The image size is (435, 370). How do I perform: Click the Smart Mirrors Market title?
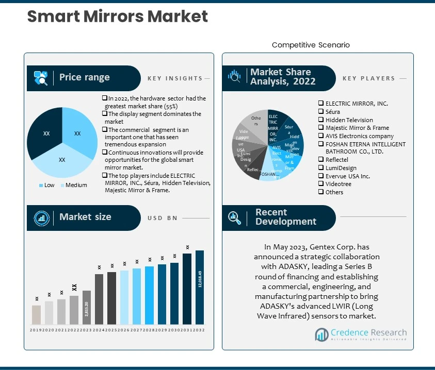click(117, 16)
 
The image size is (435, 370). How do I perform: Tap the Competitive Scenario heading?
click(311, 45)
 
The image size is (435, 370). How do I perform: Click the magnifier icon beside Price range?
click(41, 78)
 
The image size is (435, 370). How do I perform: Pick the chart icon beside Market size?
click(41, 217)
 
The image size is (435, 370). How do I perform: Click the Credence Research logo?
click(361, 334)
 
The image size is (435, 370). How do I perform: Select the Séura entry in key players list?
click(332, 111)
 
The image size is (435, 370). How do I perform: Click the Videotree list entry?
click(338, 184)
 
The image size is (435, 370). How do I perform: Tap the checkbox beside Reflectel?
click(321, 160)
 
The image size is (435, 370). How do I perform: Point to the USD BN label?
click(162, 218)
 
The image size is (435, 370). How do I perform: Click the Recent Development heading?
click(285, 217)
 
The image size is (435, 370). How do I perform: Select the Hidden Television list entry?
click(349, 120)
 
